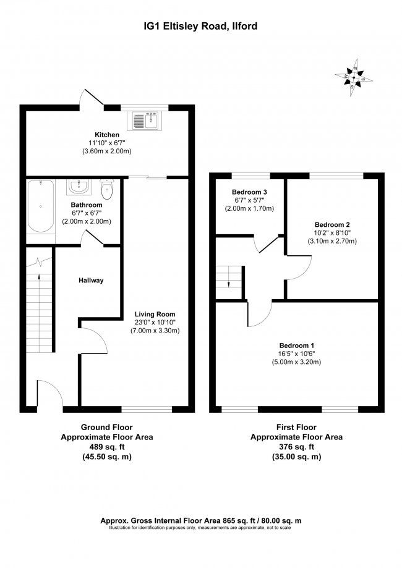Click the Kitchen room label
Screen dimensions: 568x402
[x=106, y=135]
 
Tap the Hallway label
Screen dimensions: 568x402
[x=90, y=281]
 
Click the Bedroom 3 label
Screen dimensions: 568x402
[x=249, y=192]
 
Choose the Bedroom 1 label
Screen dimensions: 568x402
[x=297, y=345]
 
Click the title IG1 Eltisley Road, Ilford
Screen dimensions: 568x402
[x=200, y=26]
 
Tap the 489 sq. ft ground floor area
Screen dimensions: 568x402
[x=106, y=447]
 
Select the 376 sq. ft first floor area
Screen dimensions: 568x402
[x=296, y=447]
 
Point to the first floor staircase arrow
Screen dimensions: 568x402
[x=228, y=282]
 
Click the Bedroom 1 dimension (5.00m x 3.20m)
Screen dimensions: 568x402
[x=297, y=362]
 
